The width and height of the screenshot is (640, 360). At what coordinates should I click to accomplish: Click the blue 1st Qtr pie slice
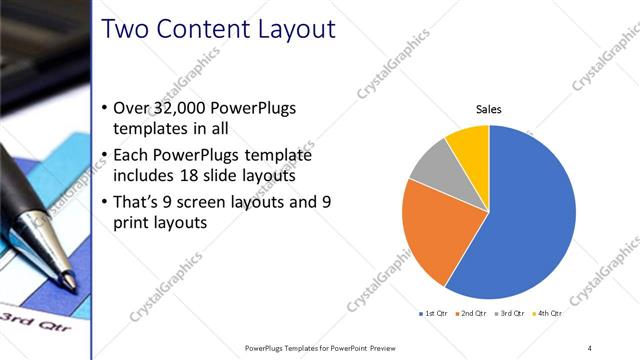pos(530,220)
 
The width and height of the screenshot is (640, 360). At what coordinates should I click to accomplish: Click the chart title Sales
pos(488,110)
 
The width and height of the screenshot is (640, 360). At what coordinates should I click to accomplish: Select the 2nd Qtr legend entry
pos(472,314)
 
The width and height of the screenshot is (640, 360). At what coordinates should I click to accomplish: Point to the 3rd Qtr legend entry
pos(510,314)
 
